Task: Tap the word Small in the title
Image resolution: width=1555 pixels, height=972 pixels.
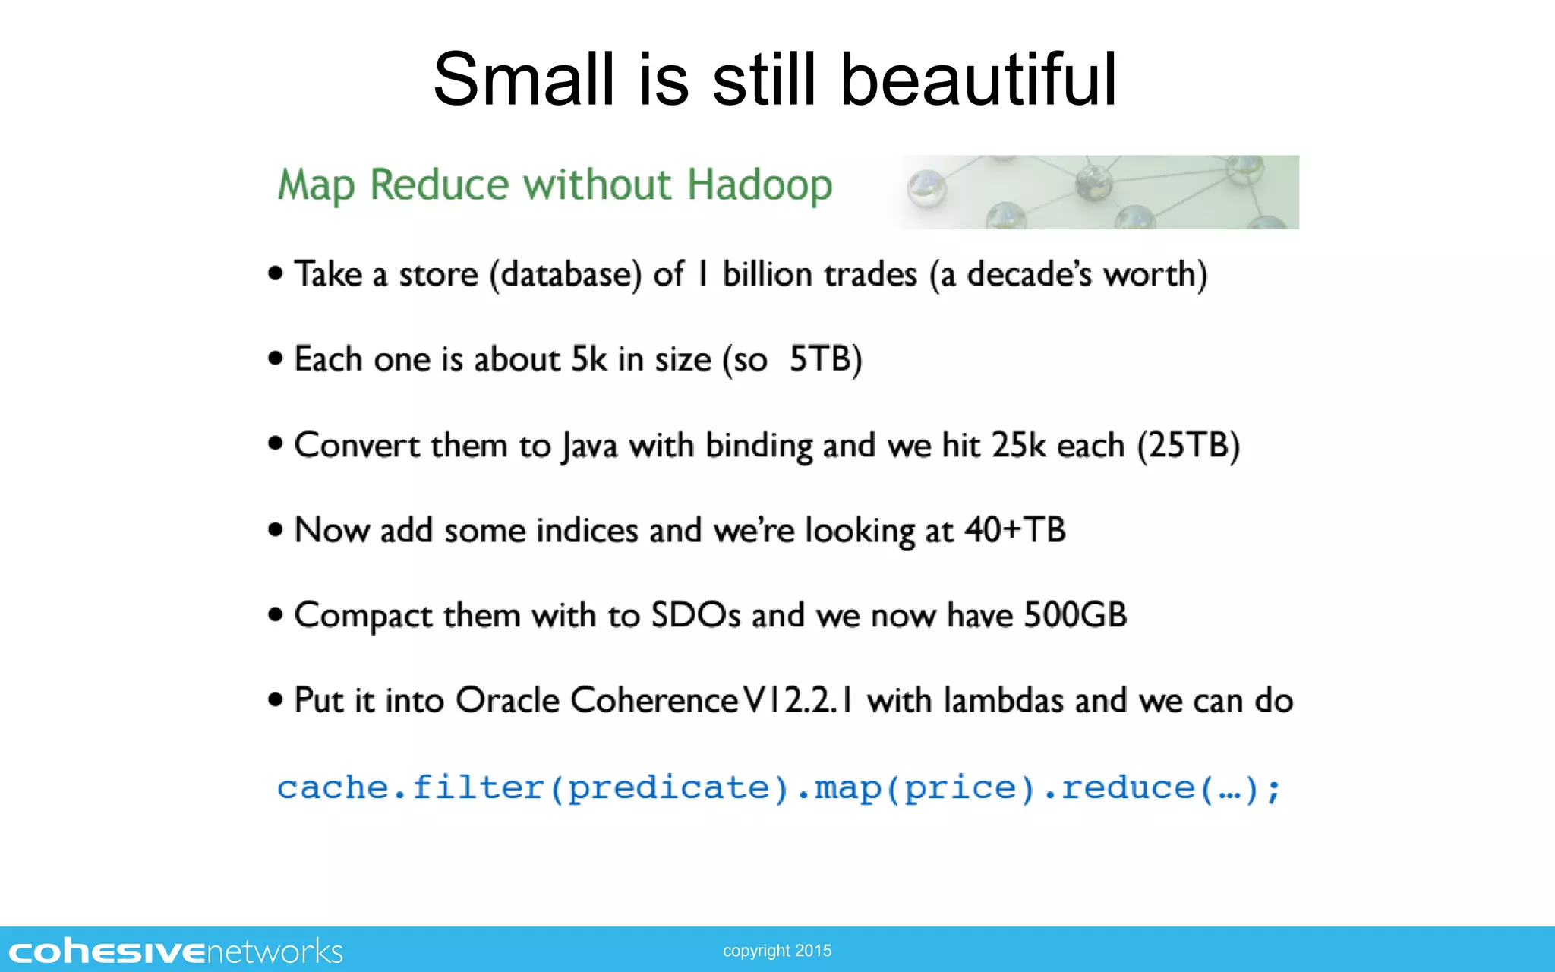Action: tap(523, 79)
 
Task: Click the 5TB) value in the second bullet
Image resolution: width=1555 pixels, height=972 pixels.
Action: tap(825, 359)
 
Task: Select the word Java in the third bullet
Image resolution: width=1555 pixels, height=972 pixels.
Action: tap(589, 446)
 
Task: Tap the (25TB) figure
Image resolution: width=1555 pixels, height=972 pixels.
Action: tap(1188, 446)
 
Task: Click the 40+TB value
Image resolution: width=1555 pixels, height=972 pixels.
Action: tap(1014, 530)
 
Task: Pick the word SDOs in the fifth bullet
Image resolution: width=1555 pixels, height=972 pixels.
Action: tap(695, 615)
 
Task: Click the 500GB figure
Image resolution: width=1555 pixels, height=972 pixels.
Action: tap(1075, 615)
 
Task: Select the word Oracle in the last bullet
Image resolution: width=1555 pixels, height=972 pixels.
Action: tap(507, 700)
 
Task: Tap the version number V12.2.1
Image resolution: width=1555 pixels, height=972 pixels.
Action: tap(797, 700)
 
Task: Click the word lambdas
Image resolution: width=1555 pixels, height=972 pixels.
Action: tap(1002, 700)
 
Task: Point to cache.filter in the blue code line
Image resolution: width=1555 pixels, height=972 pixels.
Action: tap(410, 787)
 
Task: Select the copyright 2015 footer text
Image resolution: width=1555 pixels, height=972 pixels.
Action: tap(777, 951)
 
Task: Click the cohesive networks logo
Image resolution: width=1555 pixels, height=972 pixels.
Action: tap(176, 951)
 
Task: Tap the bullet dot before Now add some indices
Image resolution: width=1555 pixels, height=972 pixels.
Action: tap(276, 529)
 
